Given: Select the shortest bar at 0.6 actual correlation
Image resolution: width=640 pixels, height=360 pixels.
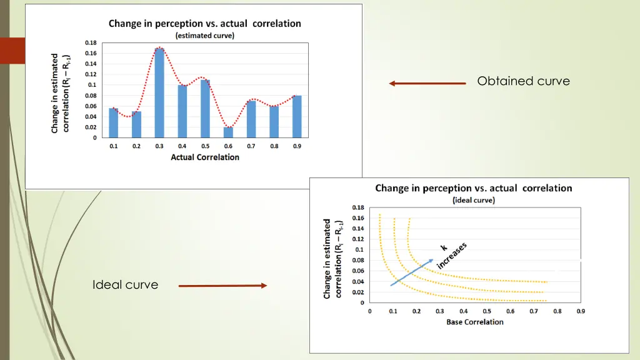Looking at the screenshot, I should coord(228,132).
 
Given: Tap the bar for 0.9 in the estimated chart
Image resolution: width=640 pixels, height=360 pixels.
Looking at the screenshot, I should coord(297,116).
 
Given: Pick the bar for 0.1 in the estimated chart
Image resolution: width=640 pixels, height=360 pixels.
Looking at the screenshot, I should coord(114,122).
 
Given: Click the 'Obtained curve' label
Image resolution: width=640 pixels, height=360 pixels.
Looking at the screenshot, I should coord(523,81).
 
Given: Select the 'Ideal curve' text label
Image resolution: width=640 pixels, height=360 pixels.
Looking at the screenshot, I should coord(125,285).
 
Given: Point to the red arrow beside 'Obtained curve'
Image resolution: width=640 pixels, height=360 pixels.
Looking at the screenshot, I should coord(427,83).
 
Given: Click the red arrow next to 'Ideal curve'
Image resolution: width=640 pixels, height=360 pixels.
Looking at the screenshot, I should coord(222,286).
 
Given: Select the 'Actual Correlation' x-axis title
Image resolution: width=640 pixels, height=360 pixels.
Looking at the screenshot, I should coord(205,157).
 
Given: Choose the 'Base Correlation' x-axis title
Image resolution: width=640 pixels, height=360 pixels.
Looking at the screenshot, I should coord(475,322).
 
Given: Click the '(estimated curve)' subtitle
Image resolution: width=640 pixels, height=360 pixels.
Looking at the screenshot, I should coord(205,36).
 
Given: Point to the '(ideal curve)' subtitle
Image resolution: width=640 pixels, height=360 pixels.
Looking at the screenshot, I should coord(473,200).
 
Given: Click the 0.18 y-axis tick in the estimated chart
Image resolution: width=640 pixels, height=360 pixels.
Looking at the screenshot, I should coord(91,42).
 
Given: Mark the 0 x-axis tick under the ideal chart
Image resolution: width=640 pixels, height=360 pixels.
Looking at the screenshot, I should coord(369,311).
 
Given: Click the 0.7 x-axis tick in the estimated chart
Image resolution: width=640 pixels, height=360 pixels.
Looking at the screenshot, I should coord(251,146).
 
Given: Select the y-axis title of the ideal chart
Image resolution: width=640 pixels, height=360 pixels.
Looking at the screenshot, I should coord(331,258).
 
